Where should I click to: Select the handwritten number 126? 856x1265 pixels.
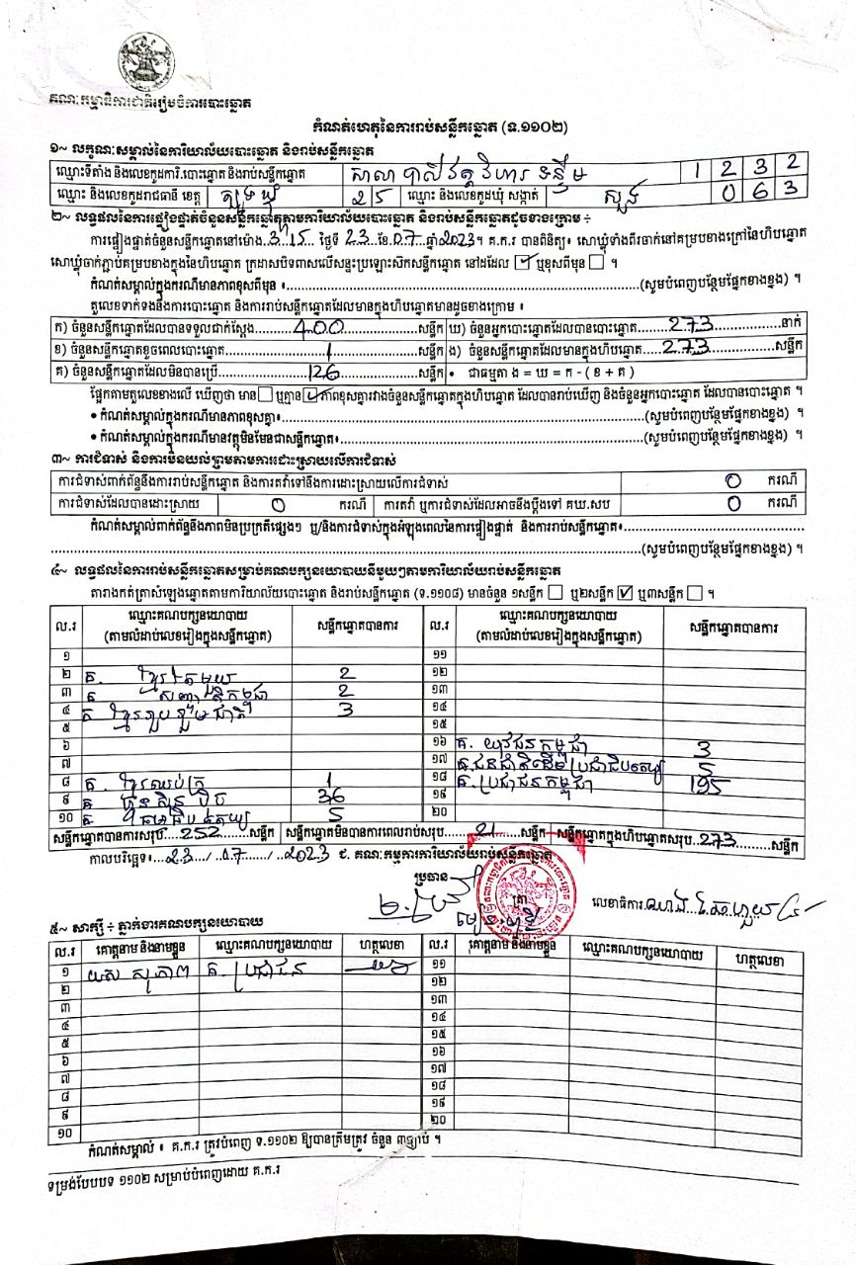pyautogui.click(x=325, y=372)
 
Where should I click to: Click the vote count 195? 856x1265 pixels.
pyautogui.click(x=709, y=787)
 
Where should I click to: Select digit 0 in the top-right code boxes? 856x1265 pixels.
pyautogui.click(x=729, y=191)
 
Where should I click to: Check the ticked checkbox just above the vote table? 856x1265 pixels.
pyautogui.click(x=624, y=594)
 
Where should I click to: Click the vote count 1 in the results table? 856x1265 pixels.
pyautogui.click(x=329, y=777)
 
